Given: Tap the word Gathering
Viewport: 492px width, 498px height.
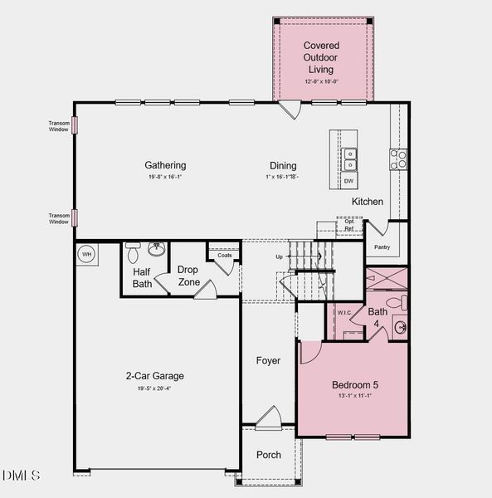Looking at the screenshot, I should [165, 165].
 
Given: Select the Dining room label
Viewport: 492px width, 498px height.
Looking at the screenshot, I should [283, 165].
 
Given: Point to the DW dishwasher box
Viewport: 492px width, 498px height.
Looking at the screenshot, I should [349, 181].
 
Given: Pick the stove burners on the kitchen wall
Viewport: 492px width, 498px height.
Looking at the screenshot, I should [399, 159].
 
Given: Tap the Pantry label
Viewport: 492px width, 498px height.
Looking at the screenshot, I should [382, 247].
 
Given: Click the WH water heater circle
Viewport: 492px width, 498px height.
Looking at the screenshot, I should [85, 254].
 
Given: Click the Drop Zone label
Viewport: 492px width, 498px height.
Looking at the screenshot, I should [188, 276].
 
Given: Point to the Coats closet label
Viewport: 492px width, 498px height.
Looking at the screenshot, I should [224, 255].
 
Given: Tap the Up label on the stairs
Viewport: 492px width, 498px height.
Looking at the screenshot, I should [279, 256].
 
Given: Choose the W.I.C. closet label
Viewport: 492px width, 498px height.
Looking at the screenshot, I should [345, 313].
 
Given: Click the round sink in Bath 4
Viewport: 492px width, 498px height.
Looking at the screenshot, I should [400, 327].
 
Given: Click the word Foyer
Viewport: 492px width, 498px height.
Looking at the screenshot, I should [268, 361].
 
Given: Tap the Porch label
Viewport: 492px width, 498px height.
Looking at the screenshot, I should [268, 455].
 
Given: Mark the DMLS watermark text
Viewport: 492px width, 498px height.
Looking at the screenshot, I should [22, 475].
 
